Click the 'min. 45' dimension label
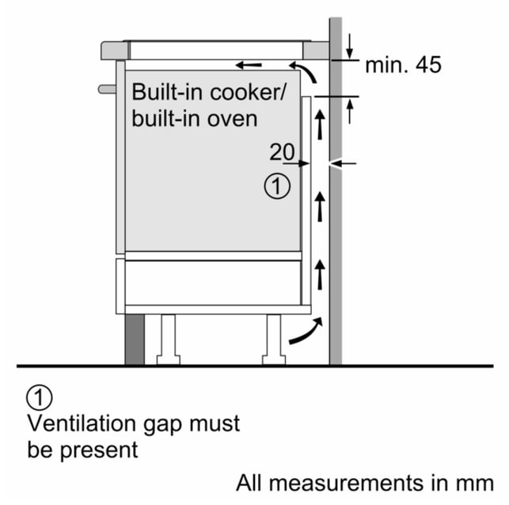403,65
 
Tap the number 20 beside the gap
282,151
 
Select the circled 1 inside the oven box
277,186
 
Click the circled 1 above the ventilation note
39,397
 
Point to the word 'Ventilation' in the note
82,423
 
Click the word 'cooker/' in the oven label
249,92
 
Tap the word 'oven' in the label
233,119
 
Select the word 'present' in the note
99,450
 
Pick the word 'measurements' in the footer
347,483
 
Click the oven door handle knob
107,89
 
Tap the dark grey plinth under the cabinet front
135,340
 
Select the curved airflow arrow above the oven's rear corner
304,70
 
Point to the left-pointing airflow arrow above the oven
249,65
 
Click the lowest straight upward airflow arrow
321,274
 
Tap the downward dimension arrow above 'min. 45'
349,46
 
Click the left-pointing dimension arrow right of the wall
344,164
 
